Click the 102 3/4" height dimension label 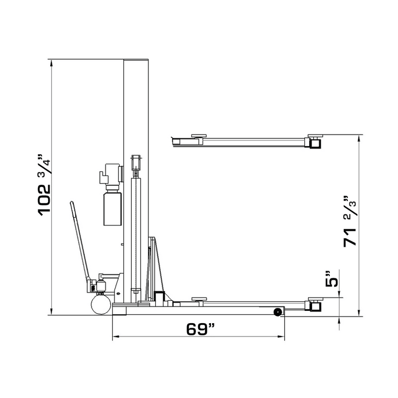tap(45, 184)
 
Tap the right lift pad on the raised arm tap(315, 136)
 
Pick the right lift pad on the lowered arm tap(315, 300)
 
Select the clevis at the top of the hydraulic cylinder tap(136, 164)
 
